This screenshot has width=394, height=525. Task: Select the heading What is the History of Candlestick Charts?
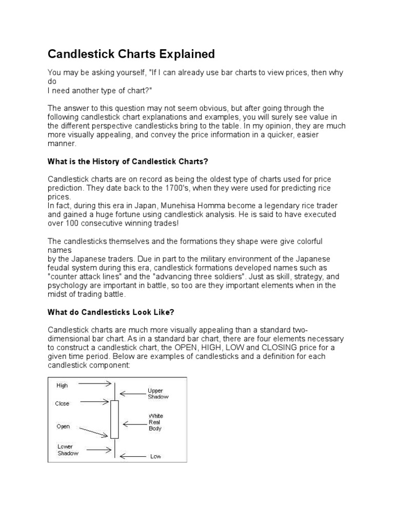click(128, 161)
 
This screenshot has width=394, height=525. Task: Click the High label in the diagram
click(62, 385)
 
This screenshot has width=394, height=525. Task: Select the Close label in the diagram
click(62, 403)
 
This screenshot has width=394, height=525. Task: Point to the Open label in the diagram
click(63, 426)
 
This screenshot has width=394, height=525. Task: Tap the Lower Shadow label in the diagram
click(68, 450)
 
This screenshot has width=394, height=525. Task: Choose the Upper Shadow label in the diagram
click(157, 393)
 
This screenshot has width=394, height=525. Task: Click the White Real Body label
click(155, 422)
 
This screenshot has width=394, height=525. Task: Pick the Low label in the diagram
click(155, 456)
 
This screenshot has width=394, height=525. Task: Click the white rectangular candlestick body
click(114, 419)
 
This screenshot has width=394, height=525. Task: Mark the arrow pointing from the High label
click(95, 383)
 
